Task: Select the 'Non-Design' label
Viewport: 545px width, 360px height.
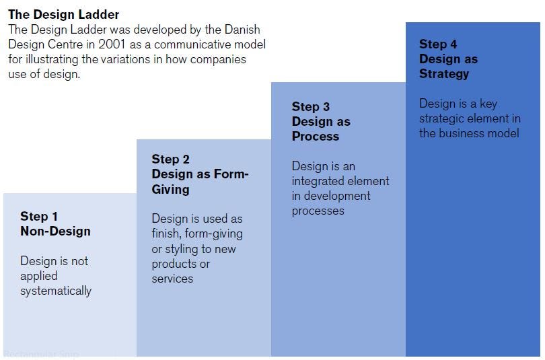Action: pyautogui.click(x=55, y=231)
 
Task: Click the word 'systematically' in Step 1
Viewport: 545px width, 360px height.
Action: pyautogui.click(x=56, y=291)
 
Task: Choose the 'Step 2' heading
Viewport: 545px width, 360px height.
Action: pyautogui.click(x=170, y=159)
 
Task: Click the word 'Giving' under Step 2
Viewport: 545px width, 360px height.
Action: pyautogui.click(x=170, y=189)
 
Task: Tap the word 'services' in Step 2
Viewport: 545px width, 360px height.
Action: pyautogui.click(x=172, y=279)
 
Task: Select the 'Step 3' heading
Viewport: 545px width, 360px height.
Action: pyautogui.click(x=310, y=106)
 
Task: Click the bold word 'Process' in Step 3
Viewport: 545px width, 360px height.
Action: pyautogui.click(x=315, y=136)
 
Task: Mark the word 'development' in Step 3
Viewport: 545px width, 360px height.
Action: pyautogui.click(x=336, y=196)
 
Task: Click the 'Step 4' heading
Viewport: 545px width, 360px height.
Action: pyautogui.click(x=438, y=44)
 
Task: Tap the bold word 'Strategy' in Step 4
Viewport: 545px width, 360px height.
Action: pyautogui.click(x=444, y=73)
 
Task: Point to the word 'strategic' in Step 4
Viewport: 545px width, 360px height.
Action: pyautogui.click(x=444, y=118)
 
